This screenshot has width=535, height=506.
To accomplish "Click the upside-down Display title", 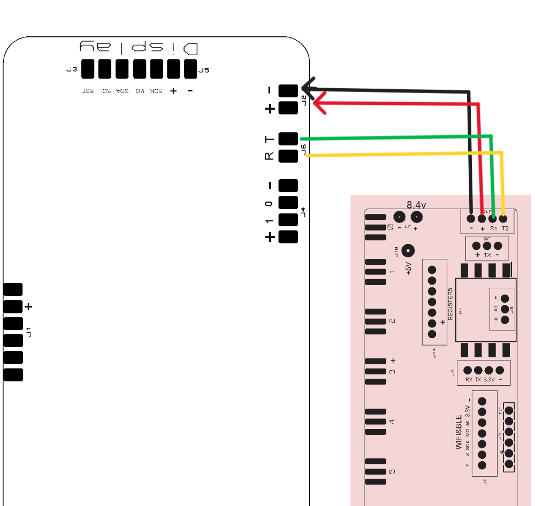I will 139,48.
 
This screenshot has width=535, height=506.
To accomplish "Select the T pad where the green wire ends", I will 288,139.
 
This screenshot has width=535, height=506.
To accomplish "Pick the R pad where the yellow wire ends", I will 288,156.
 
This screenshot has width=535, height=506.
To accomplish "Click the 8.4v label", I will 416,205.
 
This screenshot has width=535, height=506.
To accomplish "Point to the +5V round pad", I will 408,251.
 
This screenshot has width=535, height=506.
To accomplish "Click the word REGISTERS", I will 450,304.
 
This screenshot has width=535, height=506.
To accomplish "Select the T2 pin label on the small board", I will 505,228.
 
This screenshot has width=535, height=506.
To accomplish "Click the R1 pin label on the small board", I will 493,228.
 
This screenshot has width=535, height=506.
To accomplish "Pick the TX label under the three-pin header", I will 487,255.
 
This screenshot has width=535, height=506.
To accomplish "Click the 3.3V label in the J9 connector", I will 489,379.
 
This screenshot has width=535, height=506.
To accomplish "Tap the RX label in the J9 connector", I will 469,379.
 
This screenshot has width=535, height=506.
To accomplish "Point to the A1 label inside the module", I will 496,309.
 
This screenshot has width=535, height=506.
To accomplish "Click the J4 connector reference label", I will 303,212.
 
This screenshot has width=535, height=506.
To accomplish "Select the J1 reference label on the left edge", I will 29,332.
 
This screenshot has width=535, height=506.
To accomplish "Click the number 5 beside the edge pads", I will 392,471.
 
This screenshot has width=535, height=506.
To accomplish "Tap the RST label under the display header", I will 87,91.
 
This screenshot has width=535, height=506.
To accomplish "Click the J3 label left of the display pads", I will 71,70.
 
